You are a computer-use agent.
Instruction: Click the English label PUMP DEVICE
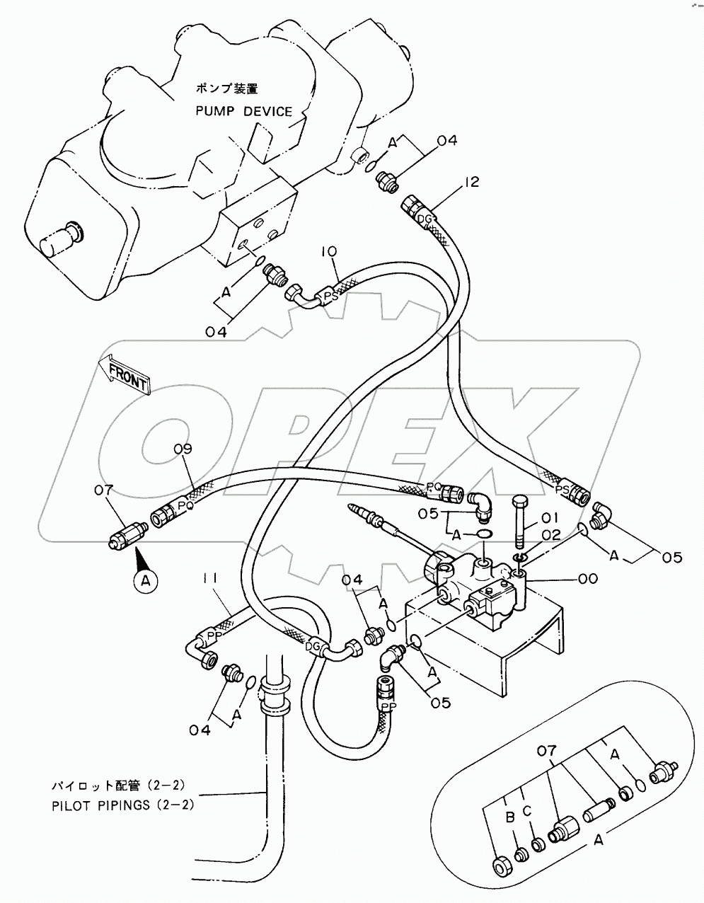pos(244,111)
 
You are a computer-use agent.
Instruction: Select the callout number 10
pos(330,252)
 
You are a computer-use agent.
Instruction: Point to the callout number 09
pos(183,449)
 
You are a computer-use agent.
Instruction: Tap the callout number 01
pos(550,518)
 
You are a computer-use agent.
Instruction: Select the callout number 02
pos(550,534)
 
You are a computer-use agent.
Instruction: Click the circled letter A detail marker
pos(145,580)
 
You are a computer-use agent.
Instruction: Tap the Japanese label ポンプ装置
pos(227,89)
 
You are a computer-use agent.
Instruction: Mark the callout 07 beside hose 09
pos(103,491)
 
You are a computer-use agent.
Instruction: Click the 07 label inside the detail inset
pos(548,751)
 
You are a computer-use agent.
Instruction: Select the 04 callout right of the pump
pos(447,140)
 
